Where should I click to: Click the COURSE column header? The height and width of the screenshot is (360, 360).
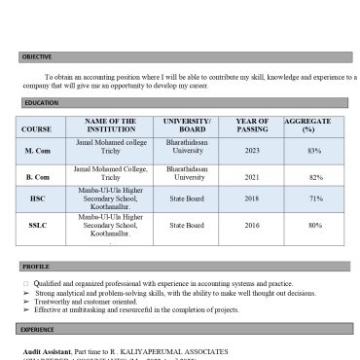tap(37, 128)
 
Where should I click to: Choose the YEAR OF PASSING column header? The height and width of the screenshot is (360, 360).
tap(251, 125)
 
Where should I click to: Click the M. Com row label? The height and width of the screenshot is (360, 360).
tap(37, 151)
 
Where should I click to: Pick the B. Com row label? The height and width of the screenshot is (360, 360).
tap(37, 177)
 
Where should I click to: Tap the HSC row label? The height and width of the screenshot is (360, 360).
tap(37, 198)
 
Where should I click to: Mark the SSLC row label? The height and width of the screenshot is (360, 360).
tap(37, 226)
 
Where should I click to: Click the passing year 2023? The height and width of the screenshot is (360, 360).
tap(252, 151)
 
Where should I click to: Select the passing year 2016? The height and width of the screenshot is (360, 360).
tap(252, 226)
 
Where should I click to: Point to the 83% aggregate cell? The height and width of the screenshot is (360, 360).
tap(314, 151)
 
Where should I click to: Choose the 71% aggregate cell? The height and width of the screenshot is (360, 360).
tap(315, 198)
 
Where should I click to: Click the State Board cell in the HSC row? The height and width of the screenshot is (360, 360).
tap(187, 198)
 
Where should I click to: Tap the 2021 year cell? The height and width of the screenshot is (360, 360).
tap(252, 177)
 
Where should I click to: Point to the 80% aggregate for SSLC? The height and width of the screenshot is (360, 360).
tap(315, 226)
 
